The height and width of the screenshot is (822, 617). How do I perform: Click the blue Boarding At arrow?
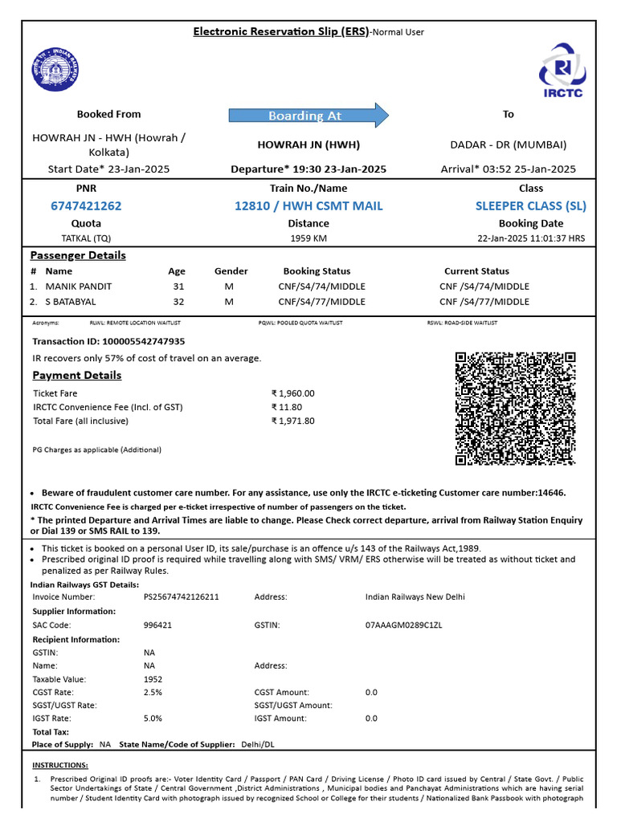tap(308, 116)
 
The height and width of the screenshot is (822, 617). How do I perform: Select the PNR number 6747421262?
tap(86, 206)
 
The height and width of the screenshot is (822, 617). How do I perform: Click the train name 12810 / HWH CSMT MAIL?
tap(308, 206)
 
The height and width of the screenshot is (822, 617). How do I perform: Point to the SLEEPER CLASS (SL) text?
tap(530, 206)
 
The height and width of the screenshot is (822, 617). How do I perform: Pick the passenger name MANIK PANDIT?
tap(79, 287)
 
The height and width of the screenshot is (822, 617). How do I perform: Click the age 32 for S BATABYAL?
tap(178, 302)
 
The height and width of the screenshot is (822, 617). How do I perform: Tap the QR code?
tap(516, 409)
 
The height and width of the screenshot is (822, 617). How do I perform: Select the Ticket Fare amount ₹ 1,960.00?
tap(293, 393)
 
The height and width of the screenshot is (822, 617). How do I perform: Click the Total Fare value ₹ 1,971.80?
tap(293, 421)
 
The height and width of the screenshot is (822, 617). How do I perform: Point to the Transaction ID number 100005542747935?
tap(139, 341)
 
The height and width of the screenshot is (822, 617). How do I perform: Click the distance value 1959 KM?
tap(308, 238)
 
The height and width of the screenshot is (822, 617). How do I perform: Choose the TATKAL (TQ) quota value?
tap(86, 238)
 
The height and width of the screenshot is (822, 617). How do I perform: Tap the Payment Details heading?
tap(77, 376)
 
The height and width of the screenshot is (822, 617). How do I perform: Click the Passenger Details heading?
tap(78, 255)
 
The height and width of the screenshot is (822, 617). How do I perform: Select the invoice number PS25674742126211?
tap(181, 597)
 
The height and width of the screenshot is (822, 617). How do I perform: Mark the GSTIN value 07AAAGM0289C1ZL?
tap(404, 625)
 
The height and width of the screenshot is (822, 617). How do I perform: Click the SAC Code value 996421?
tap(157, 625)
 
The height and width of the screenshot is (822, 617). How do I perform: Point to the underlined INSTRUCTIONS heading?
tap(59, 765)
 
